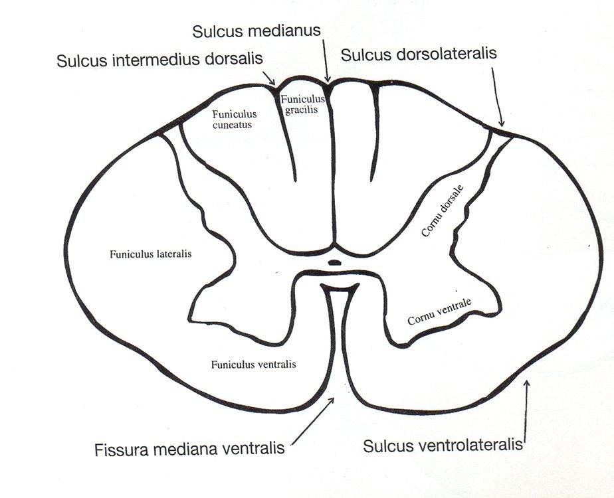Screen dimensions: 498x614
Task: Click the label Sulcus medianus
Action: pyautogui.click(x=256, y=31)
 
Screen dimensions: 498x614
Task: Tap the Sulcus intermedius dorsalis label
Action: pyautogui.click(x=159, y=60)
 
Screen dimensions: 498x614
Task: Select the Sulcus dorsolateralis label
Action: pyautogui.click(x=419, y=54)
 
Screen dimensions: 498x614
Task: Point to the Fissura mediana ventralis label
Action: pyautogui.click(x=189, y=448)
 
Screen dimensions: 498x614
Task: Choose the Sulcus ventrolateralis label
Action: pyautogui.click(x=443, y=446)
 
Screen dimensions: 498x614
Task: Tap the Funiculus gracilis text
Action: pyautogui.click(x=303, y=104)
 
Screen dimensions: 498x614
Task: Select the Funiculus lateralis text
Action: pyautogui.click(x=151, y=254)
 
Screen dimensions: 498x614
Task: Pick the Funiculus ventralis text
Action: pyautogui.click(x=253, y=365)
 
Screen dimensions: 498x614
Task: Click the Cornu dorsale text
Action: pyautogui.click(x=443, y=212)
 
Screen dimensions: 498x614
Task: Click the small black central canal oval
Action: pyautogui.click(x=335, y=262)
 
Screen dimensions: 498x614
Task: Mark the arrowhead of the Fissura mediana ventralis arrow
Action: pyautogui.click(x=336, y=397)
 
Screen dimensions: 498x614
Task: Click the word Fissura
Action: pyautogui.click(x=120, y=448)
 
